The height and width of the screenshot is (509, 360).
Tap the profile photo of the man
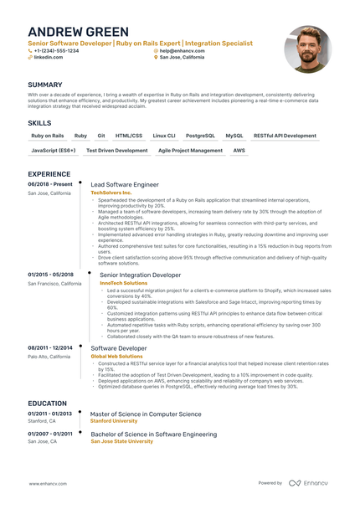[x=307, y=49]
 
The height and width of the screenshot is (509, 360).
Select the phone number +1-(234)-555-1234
[x=56, y=50]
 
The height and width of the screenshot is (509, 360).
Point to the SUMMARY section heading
[x=44, y=85]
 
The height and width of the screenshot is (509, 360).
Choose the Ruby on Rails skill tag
[x=48, y=135]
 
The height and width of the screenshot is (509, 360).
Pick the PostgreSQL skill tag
[x=200, y=135]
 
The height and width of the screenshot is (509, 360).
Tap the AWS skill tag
[x=239, y=151]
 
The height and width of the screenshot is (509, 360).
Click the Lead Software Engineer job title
[x=124, y=184]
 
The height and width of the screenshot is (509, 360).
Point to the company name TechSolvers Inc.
[x=111, y=193]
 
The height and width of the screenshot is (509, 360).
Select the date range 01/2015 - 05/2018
[x=50, y=275]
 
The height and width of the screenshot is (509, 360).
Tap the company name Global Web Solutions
[x=116, y=356]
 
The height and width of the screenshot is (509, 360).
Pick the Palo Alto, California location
[x=51, y=356]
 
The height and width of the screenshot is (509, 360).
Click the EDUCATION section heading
[x=49, y=402]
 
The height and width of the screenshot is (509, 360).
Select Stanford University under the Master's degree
[x=116, y=422]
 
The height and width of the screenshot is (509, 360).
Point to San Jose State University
[x=121, y=441]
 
